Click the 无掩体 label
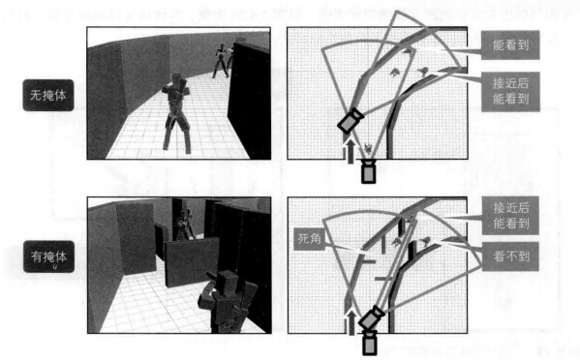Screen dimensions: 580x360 (48, 95)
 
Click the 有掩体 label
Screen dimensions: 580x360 (48, 256)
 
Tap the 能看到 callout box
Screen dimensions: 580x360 (510, 45)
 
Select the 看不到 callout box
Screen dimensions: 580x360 (510, 256)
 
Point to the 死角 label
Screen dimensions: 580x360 (310, 239)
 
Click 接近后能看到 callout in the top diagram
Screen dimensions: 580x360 (510, 91)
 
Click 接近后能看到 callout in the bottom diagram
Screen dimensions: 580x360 (510, 215)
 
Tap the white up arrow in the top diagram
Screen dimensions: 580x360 (351, 150)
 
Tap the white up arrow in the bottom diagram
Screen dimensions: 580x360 (351, 322)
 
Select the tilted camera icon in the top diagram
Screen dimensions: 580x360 (351, 120)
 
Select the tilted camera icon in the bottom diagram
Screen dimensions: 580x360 (372, 317)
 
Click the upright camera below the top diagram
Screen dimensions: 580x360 (368, 171)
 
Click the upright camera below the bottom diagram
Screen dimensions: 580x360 (369, 344)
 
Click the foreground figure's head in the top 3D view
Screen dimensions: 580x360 (179, 79)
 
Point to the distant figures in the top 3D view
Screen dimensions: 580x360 (223, 61)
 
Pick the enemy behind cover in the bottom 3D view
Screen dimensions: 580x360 (184, 225)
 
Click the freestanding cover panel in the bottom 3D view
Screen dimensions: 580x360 (192, 262)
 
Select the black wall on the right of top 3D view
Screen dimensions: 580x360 (249, 100)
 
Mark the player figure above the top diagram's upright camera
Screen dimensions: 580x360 (368, 149)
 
